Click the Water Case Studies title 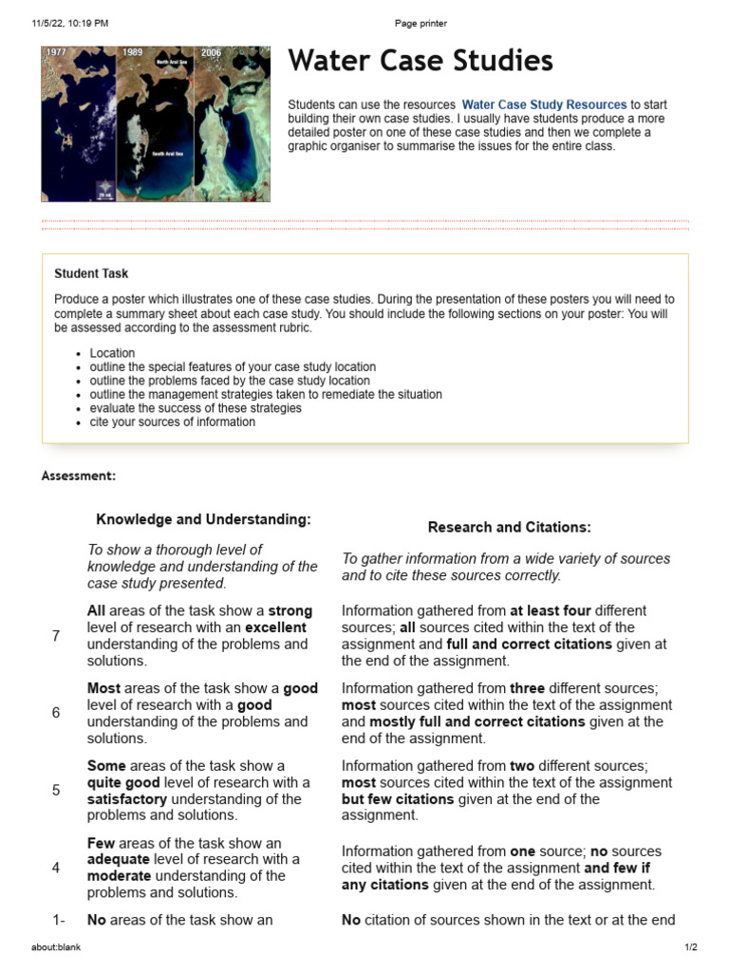(x=420, y=62)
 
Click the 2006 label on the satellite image (x=211, y=53)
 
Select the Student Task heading (x=91, y=273)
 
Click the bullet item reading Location (x=112, y=353)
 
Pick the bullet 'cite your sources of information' (x=172, y=421)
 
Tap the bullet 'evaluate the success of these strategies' (x=196, y=408)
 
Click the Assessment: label (x=79, y=476)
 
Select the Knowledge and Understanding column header (x=204, y=519)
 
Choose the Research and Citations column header (x=509, y=527)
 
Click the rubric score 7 (x=56, y=636)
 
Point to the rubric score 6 (x=56, y=713)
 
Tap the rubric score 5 (x=56, y=790)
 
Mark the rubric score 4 (x=56, y=868)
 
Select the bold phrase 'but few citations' (x=398, y=799)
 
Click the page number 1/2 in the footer (x=691, y=946)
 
